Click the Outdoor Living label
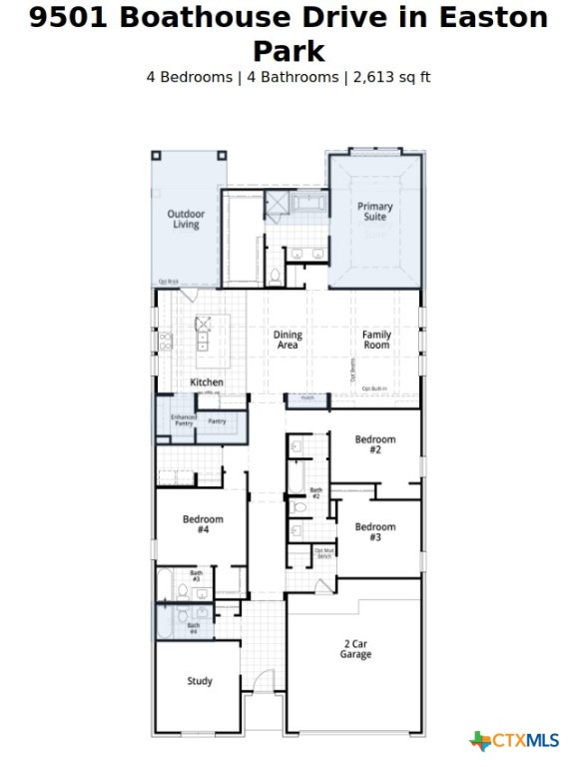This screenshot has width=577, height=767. [x=186, y=219]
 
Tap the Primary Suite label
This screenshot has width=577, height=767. [x=375, y=212]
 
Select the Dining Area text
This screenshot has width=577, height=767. [x=288, y=341]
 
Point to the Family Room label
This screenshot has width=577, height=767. [x=376, y=340]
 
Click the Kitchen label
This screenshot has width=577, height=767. [x=207, y=383]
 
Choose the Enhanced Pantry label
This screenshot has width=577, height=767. [x=183, y=420]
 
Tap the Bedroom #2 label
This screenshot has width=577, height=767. [x=375, y=444]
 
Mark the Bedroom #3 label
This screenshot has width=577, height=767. [x=375, y=532]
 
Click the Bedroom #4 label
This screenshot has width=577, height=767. [x=203, y=524]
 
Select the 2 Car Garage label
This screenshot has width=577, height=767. [x=355, y=649]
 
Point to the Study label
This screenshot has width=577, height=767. [x=200, y=681]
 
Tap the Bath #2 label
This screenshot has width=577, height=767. [x=315, y=492]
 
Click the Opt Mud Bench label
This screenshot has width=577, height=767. [x=323, y=552]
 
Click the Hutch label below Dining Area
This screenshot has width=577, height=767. [x=306, y=397]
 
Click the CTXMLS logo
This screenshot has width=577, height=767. [x=514, y=740]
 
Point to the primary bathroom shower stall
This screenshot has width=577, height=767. [x=276, y=206]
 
